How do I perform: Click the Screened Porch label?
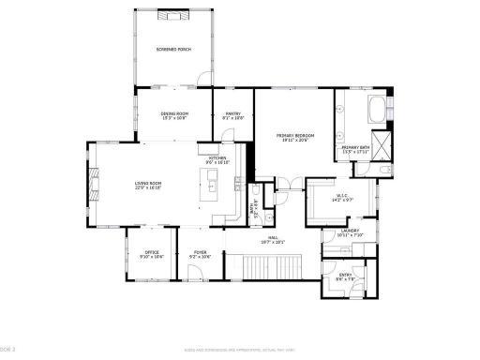pyautogui.click(x=173, y=48)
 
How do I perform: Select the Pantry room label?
pyautogui.click(x=232, y=115)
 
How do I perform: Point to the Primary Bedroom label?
pyautogui.click(x=294, y=137)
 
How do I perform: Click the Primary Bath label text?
pyautogui.click(x=354, y=149)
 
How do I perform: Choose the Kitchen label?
pyautogui.click(x=217, y=160)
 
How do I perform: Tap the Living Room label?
pyautogui.click(x=148, y=186)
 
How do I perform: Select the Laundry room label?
pyautogui.click(x=350, y=232)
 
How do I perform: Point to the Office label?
pyautogui.click(x=151, y=254)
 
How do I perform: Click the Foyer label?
pyautogui.click(x=200, y=254)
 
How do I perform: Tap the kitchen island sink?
pyautogui.click(x=212, y=187)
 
